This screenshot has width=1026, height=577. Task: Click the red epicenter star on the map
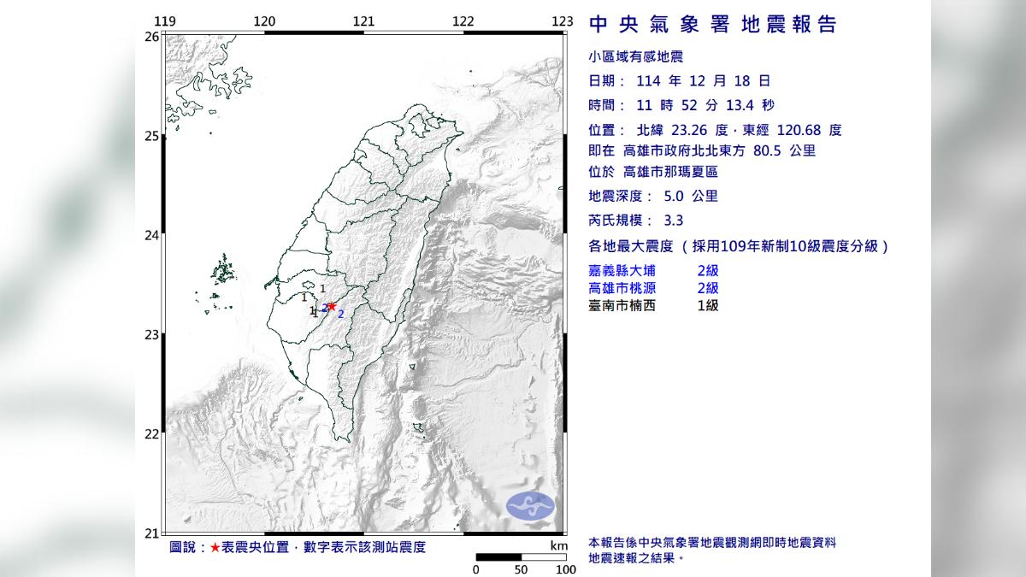[332, 306]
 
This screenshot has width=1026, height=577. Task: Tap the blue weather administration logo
[530, 506]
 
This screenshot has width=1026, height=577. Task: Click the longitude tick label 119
[167, 21]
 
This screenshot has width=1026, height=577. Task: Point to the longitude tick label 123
[562, 21]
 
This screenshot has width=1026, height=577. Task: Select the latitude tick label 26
[151, 37]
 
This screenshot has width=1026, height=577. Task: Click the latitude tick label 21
[151, 533]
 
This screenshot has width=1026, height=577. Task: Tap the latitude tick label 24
[151, 235]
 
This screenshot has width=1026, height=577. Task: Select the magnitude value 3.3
[674, 221]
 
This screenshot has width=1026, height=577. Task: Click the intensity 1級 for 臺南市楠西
[708, 305]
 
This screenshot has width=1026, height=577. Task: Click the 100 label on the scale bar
[565, 568]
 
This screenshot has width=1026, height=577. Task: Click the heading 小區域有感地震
[637, 57]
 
